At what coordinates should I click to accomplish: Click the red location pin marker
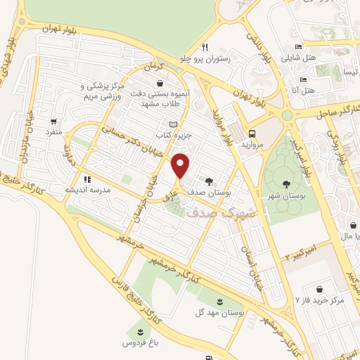click(x=181, y=166)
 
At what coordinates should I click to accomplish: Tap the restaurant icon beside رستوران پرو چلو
click(x=205, y=48)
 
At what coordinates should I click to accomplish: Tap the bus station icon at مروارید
click(x=251, y=132)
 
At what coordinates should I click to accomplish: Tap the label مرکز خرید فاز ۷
click(x=321, y=300)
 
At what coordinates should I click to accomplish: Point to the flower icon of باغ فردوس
click(x=139, y=331)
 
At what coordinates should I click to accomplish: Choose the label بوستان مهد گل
click(x=221, y=311)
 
